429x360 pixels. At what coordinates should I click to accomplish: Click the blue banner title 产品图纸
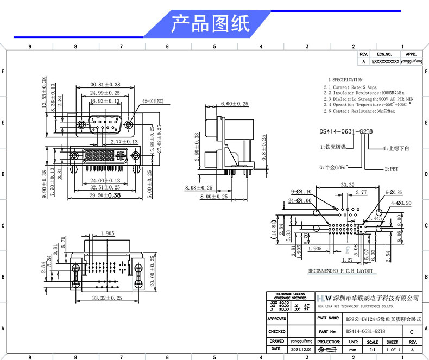coord(210,24)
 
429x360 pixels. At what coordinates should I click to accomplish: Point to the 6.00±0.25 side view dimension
coord(234,103)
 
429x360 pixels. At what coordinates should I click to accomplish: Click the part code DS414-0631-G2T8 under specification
coord(346,131)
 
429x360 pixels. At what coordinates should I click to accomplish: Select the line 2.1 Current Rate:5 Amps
coord(350,87)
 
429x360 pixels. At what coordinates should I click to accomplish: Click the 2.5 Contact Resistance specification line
coord(360,111)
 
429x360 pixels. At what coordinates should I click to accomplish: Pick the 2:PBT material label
coord(391,169)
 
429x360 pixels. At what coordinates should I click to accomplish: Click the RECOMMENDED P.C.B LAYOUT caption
coord(340,270)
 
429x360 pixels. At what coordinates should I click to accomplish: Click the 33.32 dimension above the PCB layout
coord(347,185)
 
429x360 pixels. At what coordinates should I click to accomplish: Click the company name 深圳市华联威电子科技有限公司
coord(376,299)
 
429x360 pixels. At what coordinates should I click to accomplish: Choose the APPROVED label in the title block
coord(276,319)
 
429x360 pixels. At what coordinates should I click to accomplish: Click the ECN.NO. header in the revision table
coord(384,54)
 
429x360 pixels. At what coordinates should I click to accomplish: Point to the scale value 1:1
coord(373,350)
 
